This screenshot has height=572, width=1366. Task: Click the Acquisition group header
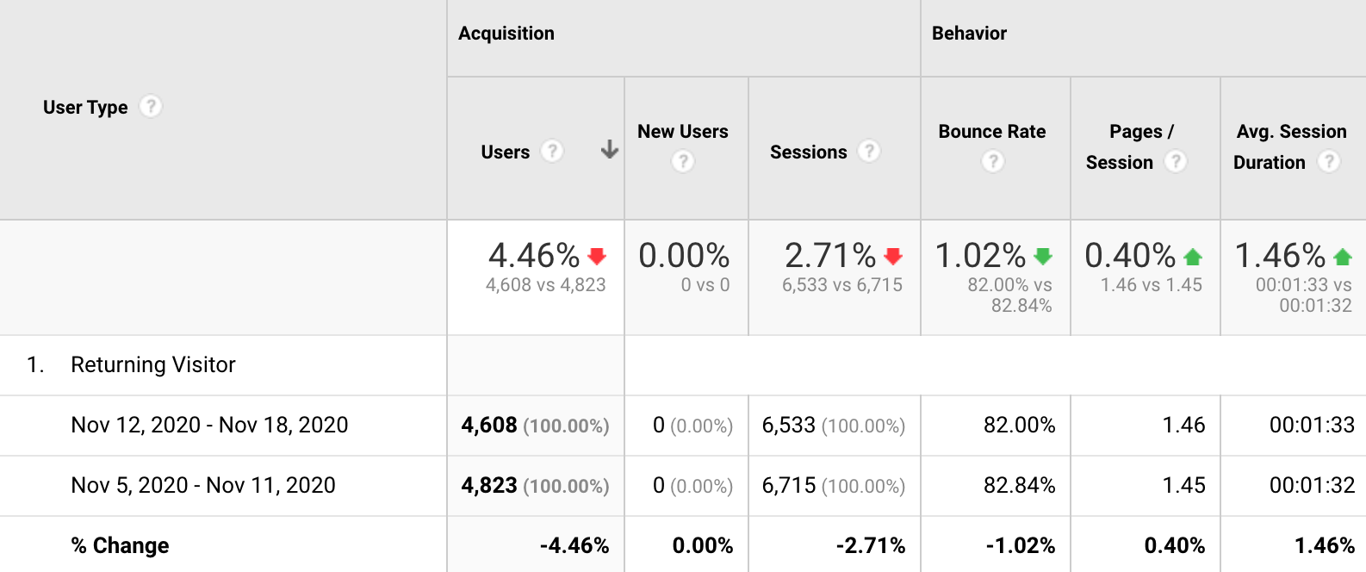point(506,34)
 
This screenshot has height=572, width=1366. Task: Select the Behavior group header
point(969,34)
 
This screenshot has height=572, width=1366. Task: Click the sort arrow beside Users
point(610,150)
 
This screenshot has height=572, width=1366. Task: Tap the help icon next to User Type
point(151,106)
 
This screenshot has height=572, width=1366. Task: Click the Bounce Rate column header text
point(991,132)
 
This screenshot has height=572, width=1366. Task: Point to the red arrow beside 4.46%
point(597,256)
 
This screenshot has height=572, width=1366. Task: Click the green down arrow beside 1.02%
point(1043,256)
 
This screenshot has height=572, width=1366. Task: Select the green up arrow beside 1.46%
point(1343,256)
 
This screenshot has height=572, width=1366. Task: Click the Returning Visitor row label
point(153,365)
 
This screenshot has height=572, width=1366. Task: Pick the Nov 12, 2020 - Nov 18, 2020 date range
point(209,426)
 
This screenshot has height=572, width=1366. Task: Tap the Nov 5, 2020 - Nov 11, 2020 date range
point(203,486)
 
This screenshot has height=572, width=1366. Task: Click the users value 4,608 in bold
point(489,426)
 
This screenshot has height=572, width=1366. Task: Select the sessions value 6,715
point(789,486)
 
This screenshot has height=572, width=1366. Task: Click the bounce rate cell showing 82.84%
point(1019,486)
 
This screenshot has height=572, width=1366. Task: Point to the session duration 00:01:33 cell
point(1312,426)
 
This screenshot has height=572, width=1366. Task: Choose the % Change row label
point(120,546)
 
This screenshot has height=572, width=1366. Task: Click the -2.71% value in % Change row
point(870,546)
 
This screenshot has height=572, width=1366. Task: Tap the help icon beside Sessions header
point(870,151)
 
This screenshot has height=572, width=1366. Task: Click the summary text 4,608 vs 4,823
point(545,285)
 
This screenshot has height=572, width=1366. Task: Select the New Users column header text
point(682,132)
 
